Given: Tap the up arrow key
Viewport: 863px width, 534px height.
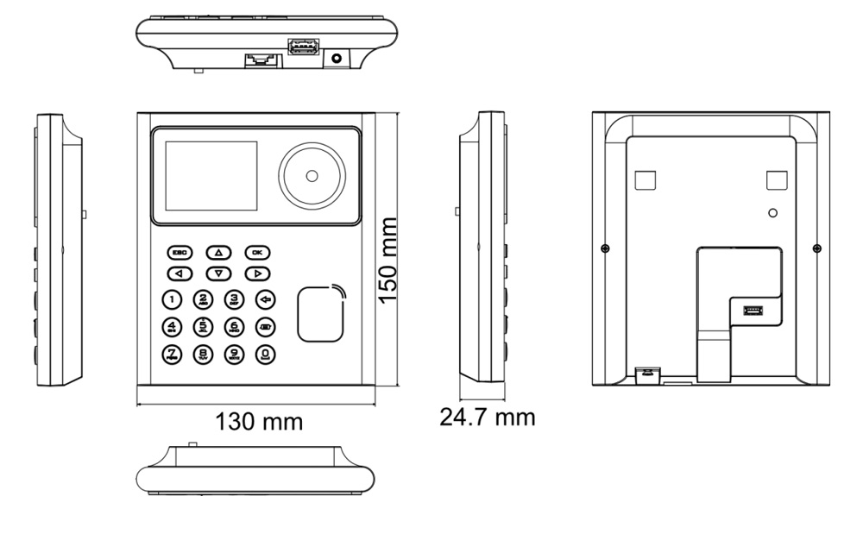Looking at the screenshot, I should click(218, 253).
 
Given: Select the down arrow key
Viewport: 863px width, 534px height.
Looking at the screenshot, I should click(218, 273).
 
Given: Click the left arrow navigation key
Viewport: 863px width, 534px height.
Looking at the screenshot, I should click(180, 273).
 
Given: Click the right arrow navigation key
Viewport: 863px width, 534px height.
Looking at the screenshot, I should click(257, 273).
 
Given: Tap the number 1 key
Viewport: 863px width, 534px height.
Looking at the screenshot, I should click(173, 300).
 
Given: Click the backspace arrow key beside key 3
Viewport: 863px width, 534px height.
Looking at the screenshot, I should click(265, 300).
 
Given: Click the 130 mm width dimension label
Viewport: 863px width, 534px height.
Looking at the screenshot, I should click(259, 422).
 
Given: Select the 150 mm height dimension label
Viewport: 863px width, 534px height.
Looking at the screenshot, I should click(389, 260).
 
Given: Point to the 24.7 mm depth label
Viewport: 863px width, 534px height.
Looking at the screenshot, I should click(488, 418).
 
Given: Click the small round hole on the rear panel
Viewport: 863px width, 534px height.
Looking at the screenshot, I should click(773, 212).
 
